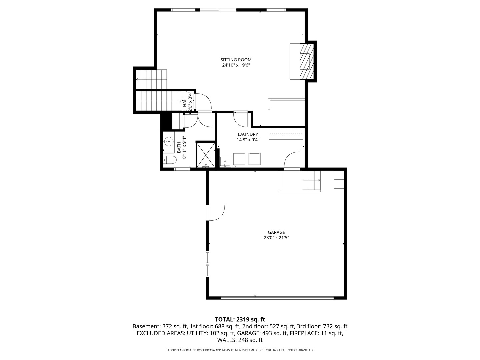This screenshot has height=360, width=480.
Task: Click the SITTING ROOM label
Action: [x=236, y=60]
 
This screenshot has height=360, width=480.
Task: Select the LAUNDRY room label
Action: [x=248, y=134]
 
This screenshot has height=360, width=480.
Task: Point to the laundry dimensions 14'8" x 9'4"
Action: [x=248, y=140]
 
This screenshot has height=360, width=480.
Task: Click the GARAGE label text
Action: [x=276, y=232]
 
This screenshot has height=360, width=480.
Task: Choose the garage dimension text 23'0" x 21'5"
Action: [x=276, y=238]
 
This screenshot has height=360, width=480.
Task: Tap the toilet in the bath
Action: [x=170, y=160]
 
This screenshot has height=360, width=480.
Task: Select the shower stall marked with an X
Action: [x=205, y=154]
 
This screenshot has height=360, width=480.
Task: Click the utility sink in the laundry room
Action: [x=226, y=162]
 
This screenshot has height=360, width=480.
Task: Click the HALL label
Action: [x=185, y=102]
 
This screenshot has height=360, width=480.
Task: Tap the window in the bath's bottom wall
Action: [x=182, y=169]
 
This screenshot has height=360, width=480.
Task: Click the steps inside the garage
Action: [x=311, y=180]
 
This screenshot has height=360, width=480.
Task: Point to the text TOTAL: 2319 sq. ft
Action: [x=240, y=319]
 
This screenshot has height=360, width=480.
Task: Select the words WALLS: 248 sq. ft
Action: [x=240, y=340]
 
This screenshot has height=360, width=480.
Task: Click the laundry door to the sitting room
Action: [x=240, y=119]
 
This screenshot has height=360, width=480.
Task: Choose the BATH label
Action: [x=179, y=147]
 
